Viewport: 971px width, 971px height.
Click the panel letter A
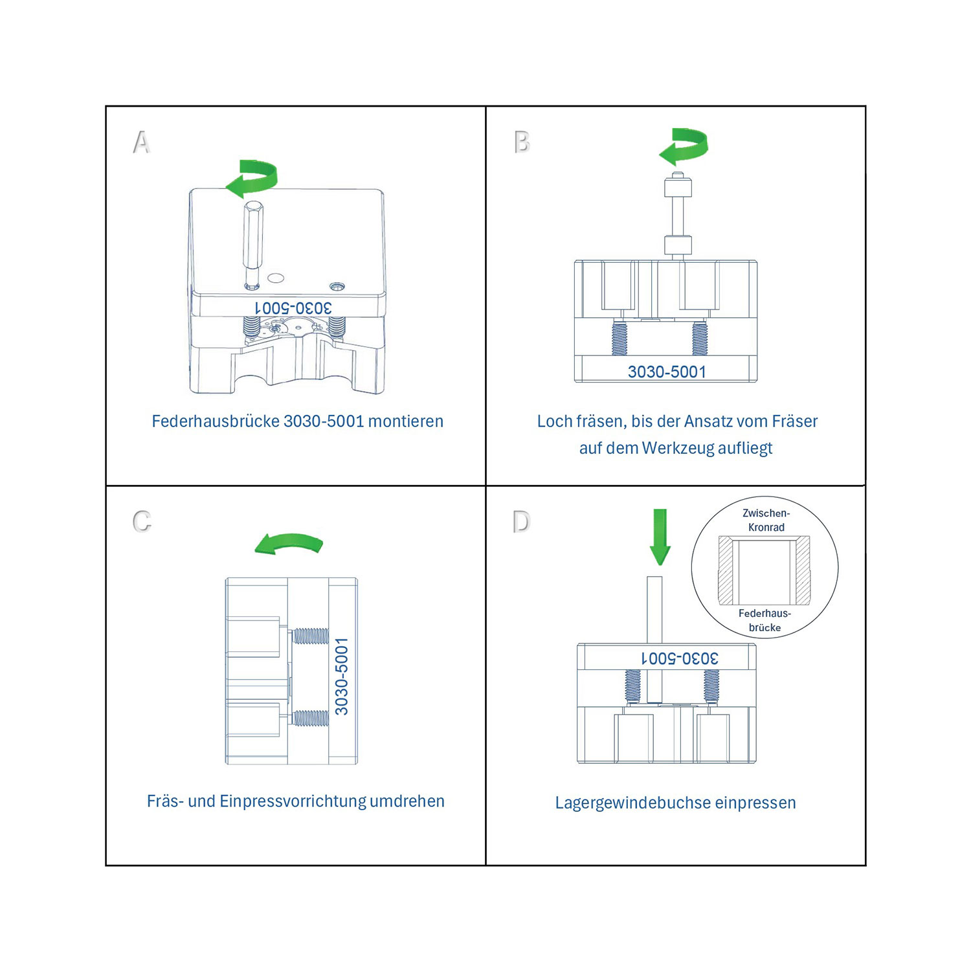[141, 142]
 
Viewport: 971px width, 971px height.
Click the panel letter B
[522, 142]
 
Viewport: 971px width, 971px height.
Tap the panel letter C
[142, 521]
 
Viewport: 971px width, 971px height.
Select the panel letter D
[521, 521]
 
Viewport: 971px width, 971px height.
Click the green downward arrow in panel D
[660, 537]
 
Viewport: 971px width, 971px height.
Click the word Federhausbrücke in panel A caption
[216, 421]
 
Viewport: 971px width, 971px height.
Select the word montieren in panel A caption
[406, 421]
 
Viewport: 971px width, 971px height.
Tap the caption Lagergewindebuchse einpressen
[675, 803]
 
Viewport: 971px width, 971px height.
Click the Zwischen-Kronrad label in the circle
[766, 520]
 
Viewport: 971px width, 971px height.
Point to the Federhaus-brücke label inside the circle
[765, 620]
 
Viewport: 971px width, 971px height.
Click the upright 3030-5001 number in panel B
[667, 372]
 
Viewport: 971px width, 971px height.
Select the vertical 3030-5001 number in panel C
[342, 676]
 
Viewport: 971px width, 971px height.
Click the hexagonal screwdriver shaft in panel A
[252, 245]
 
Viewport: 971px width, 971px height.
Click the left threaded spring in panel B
[619, 338]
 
